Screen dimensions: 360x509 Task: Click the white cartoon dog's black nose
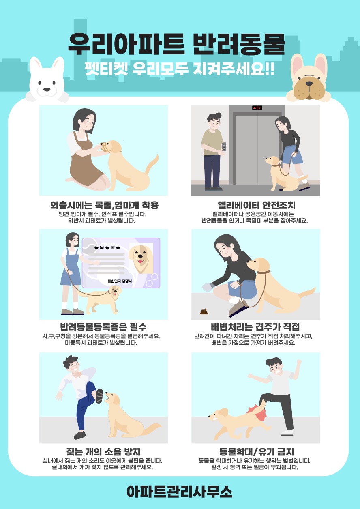coord(47,89)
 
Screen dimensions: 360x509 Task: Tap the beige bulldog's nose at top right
coord(309,84)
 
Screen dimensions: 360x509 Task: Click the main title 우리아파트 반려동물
coord(177,44)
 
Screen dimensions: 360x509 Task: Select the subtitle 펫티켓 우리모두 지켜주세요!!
coord(180,69)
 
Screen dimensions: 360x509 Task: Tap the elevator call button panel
coord(224,146)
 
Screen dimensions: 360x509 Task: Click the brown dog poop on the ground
coord(204,311)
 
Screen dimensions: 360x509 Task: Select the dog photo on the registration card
coord(141,258)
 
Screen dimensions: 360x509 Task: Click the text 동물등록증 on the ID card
coord(107,247)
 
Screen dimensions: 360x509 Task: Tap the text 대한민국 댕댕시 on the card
coord(120,281)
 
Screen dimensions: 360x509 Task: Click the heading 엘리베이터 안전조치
coord(257,205)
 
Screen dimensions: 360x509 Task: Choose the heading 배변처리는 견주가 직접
coord(255,327)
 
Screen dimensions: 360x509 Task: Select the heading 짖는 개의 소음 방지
coord(103,452)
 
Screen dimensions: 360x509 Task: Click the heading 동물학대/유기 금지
coord(257,452)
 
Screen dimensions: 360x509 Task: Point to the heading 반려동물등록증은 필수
coord(103,327)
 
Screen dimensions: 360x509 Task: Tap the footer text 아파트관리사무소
coord(180,491)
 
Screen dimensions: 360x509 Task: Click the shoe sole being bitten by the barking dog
coord(99,396)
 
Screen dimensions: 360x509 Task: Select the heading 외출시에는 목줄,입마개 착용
coord(105,205)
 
